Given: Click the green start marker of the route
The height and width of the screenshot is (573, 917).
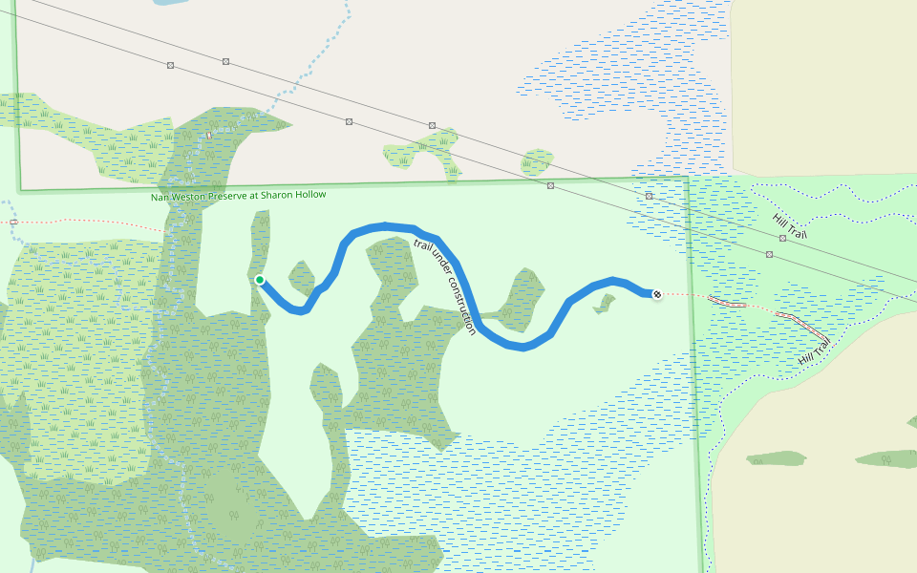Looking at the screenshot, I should (260, 280).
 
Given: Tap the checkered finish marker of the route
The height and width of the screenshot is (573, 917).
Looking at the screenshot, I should (657, 294).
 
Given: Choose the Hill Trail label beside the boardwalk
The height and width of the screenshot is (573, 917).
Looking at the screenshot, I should (815, 351).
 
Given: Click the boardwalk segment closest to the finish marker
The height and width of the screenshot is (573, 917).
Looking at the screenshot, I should (729, 302).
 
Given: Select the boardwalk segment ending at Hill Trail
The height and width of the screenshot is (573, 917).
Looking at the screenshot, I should (800, 322).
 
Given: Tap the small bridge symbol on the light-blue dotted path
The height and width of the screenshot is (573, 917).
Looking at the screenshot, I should (208, 136).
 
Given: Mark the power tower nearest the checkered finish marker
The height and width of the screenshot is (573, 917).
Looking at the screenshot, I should (650, 196).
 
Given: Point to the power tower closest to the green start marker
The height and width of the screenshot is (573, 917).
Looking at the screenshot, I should (225, 61).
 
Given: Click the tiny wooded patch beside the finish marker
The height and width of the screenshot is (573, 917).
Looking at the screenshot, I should (605, 304).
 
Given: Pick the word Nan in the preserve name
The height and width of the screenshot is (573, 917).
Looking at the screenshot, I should (159, 198).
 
